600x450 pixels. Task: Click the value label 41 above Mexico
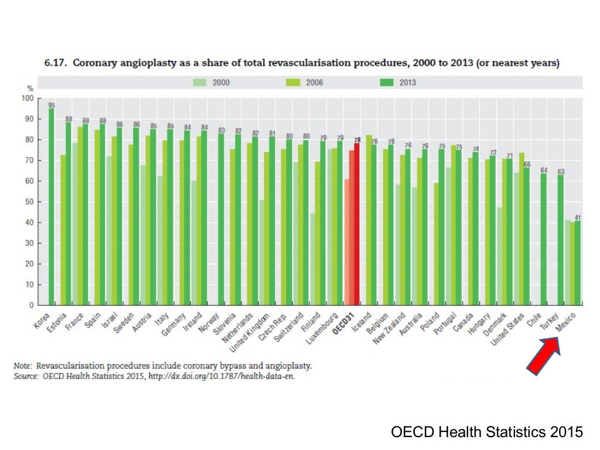pos(578,217)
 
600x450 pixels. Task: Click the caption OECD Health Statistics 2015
pos(487,432)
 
